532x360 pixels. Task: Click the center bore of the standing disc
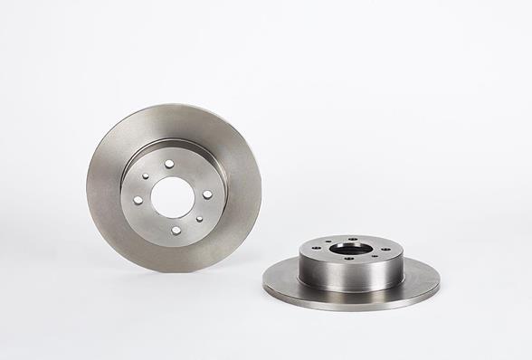[173, 196]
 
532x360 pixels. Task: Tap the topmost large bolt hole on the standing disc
[168, 164]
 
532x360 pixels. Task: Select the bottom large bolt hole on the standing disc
[176, 230]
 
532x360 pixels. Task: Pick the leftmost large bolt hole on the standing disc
[138, 200]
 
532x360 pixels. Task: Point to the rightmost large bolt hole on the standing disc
[207, 194]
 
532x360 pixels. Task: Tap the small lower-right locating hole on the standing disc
[199, 218]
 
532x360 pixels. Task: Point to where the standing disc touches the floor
[172, 270]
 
